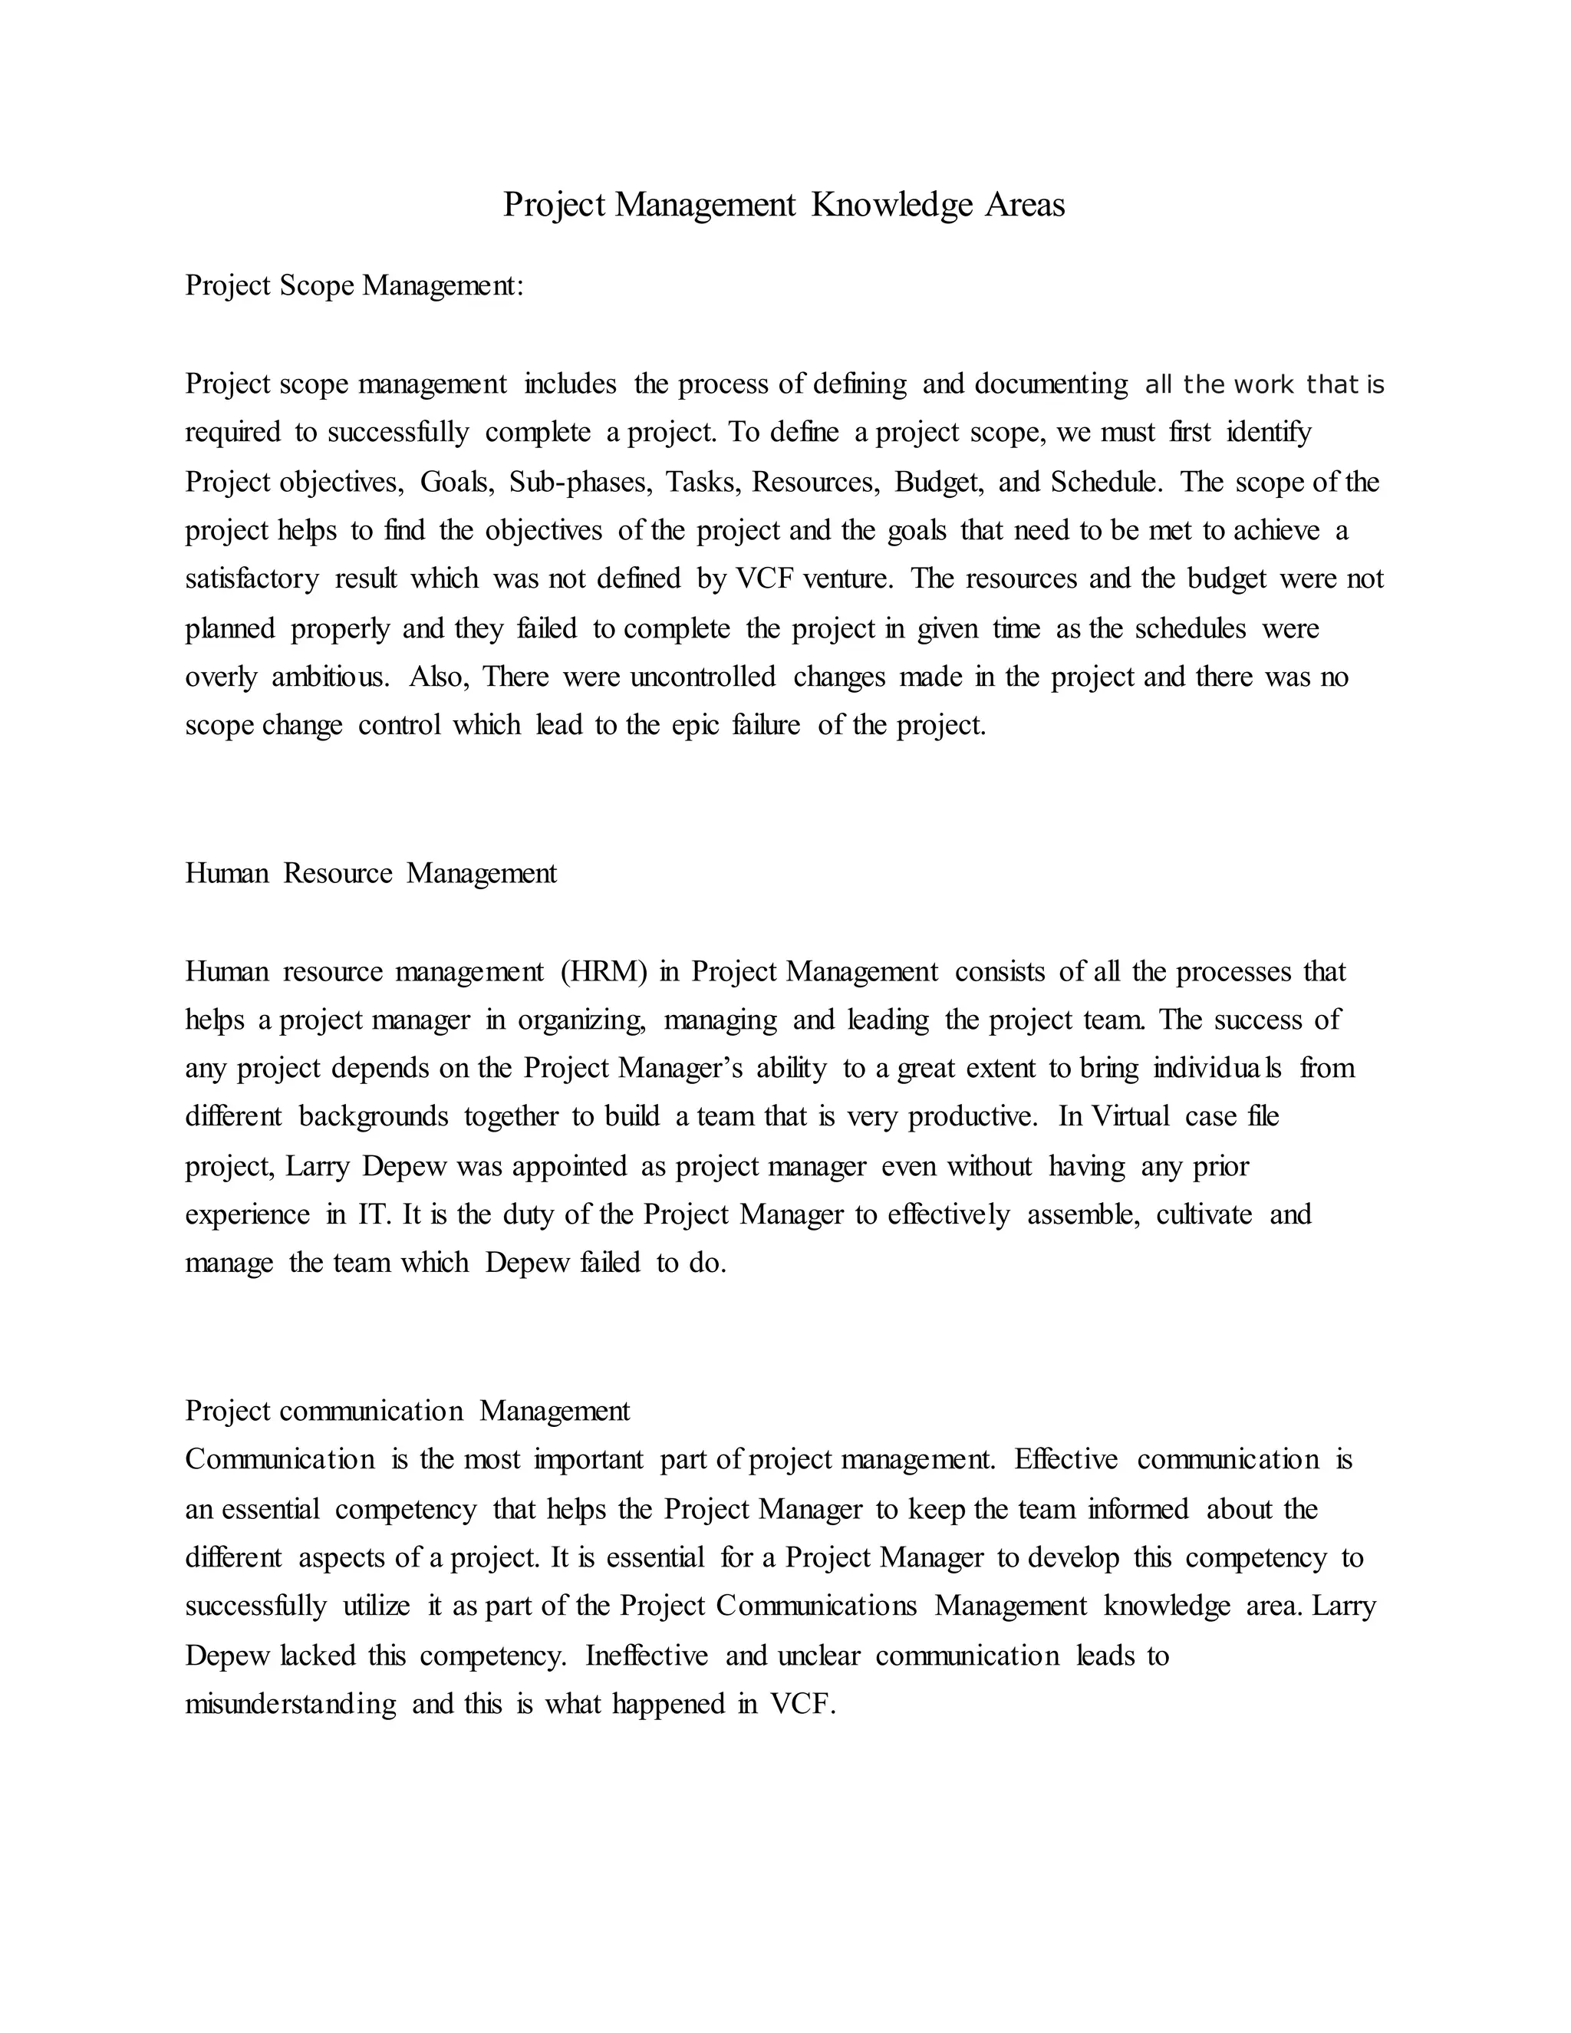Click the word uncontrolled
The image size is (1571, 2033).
click(x=703, y=677)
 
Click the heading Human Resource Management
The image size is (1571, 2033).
click(x=371, y=873)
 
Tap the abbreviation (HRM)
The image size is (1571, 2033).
click(x=603, y=972)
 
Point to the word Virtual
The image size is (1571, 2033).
click(x=1129, y=1117)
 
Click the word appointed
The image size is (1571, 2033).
click(x=568, y=1166)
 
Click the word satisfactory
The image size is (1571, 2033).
click(x=252, y=579)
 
